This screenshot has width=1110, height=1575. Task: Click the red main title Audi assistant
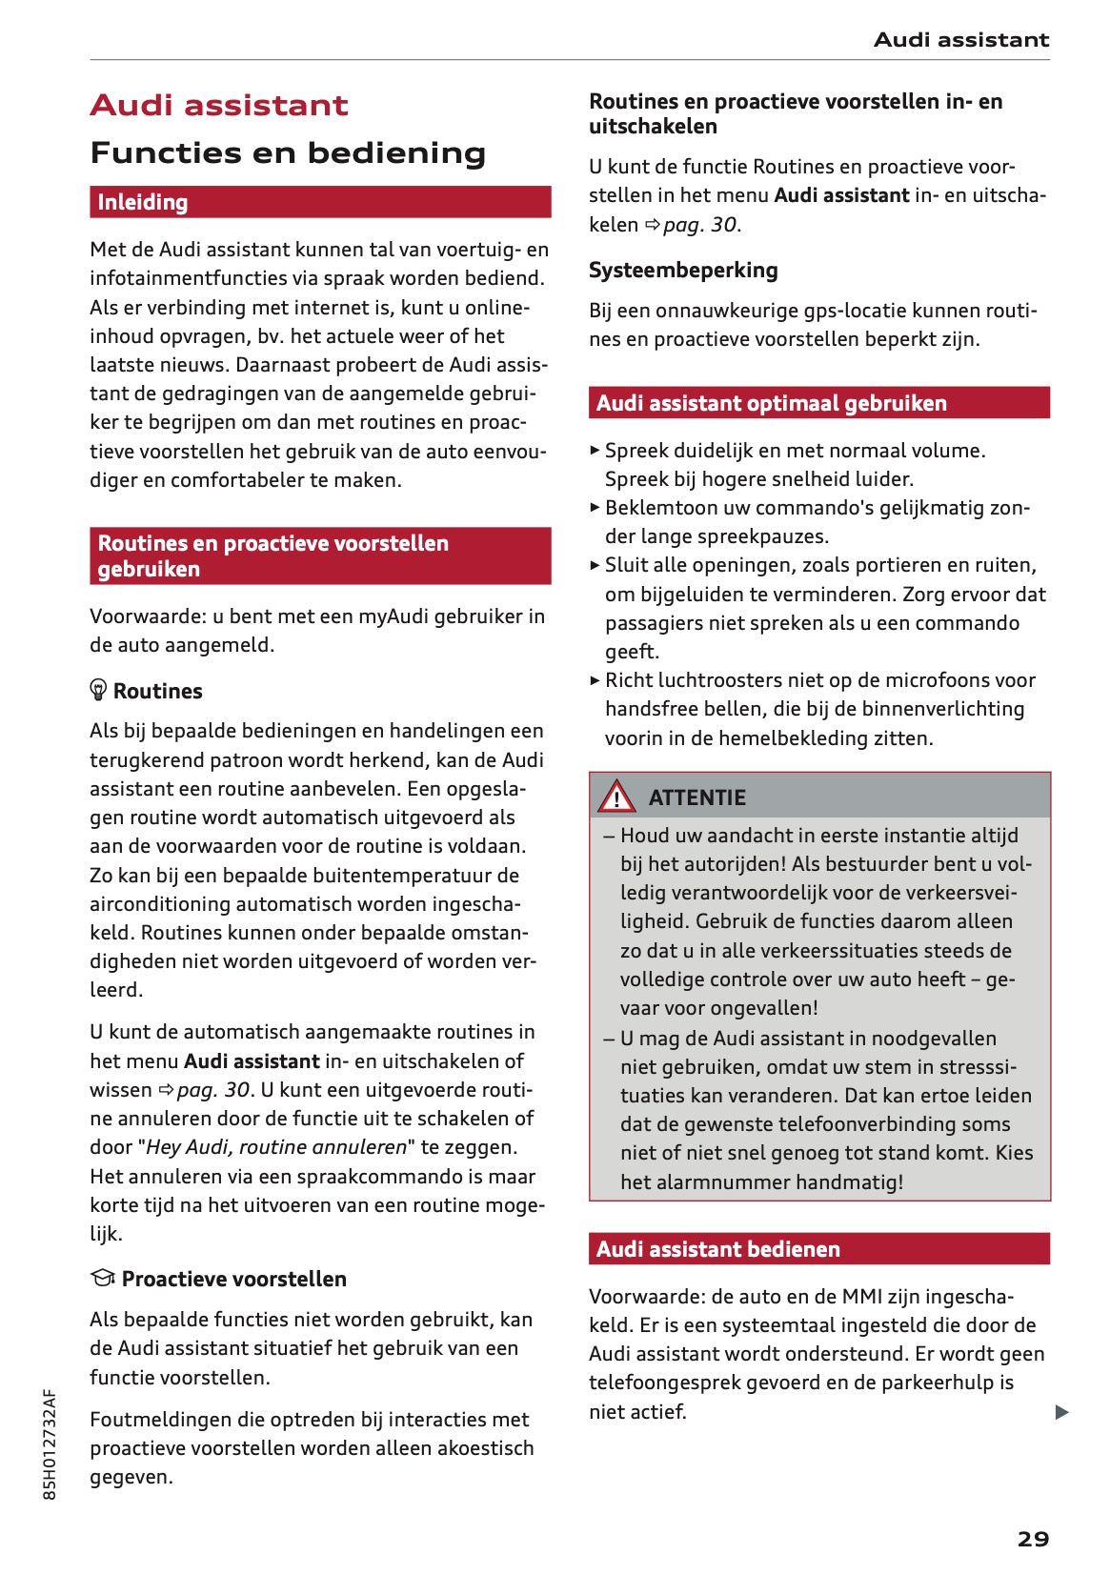pyautogui.click(x=219, y=105)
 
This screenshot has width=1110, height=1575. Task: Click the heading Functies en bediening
pyautogui.click(x=288, y=152)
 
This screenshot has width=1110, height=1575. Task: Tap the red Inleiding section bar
pyautogui.click(x=320, y=202)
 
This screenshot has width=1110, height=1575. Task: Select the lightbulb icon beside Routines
pyautogui.click(x=98, y=690)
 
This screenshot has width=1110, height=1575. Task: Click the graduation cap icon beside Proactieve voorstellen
pyautogui.click(x=102, y=1278)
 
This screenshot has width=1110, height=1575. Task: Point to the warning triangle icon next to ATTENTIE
pyautogui.click(x=616, y=797)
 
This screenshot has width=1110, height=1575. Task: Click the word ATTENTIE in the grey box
pyautogui.click(x=696, y=798)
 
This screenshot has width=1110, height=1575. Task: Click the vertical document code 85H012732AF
pyautogui.click(x=50, y=1444)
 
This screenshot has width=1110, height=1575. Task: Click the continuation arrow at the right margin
pyautogui.click(x=1061, y=1412)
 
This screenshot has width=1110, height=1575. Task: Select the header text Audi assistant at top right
pyautogui.click(x=960, y=40)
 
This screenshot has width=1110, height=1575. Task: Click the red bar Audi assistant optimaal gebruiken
pyautogui.click(x=818, y=403)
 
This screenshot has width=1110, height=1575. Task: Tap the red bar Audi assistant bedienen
pyautogui.click(x=818, y=1249)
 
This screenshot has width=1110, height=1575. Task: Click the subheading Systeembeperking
pyautogui.click(x=683, y=271)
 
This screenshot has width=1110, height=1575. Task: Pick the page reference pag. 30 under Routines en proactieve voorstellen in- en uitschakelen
pyautogui.click(x=699, y=225)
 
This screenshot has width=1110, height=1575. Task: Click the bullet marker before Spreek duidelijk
pyautogui.click(x=595, y=450)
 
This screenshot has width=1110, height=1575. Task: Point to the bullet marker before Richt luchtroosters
pyautogui.click(x=595, y=680)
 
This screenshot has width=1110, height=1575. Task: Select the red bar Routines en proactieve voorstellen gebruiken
pyautogui.click(x=320, y=555)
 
